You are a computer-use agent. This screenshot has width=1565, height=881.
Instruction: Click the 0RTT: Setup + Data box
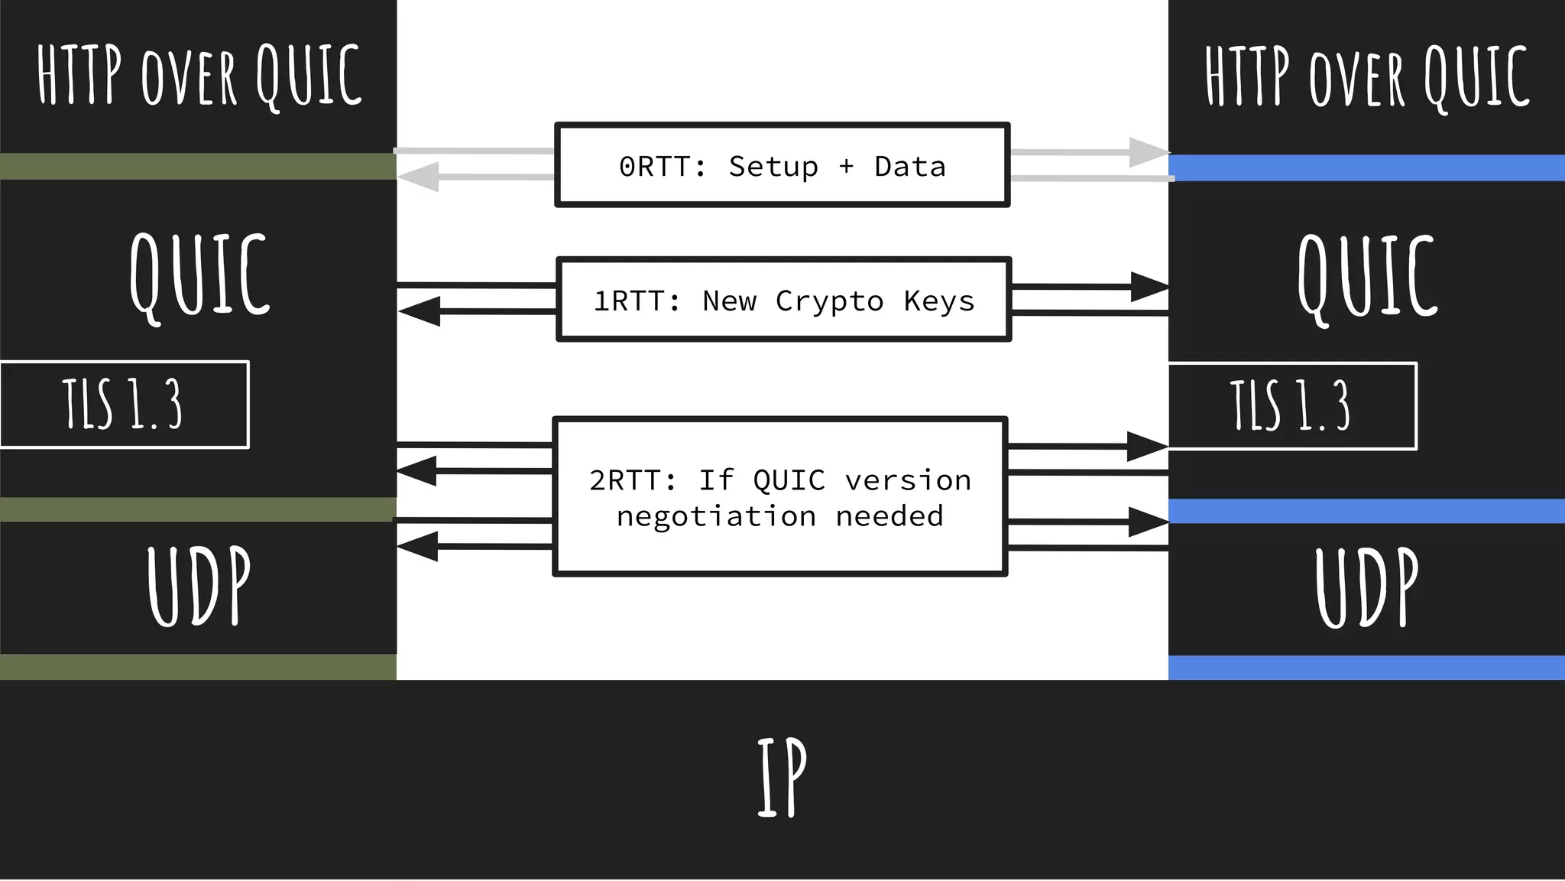pyautogui.click(x=782, y=165)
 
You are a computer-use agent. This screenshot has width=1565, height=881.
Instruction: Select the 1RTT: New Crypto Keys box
pyautogui.click(x=783, y=300)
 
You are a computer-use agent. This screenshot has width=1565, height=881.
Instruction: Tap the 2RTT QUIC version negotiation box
pyautogui.click(x=779, y=497)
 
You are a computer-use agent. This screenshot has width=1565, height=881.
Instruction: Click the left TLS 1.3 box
pyautogui.click(x=124, y=404)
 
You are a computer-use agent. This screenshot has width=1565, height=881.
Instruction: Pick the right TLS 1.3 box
pyautogui.click(x=1291, y=405)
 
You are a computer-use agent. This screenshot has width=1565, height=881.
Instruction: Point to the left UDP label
pyautogui.click(x=199, y=586)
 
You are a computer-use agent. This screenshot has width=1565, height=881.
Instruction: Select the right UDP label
pyautogui.click(x=1366, y=587)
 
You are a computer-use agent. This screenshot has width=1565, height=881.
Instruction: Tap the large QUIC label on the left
pyautogui.click(x=199, y=275)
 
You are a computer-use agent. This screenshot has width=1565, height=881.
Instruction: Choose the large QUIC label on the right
pyautogui.click(x=1368, y=277)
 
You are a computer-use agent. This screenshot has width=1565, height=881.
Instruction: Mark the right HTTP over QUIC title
pyautogui.click(x=1366, y=76)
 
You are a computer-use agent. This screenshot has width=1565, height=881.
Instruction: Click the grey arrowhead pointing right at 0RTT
pyautogui.click(x=1148, y=152)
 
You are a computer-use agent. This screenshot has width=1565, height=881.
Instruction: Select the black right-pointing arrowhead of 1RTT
pyautogui.click(x=1149, y=287)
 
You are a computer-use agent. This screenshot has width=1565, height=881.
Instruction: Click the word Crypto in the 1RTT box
pyautogui.click(x=829, y=301)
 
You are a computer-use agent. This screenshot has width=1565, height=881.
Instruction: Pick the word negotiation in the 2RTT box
pyautogui.click(x=716, y=516)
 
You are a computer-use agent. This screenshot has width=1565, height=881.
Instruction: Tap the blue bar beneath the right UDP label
pyautogui.click(x=1366, y=668)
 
